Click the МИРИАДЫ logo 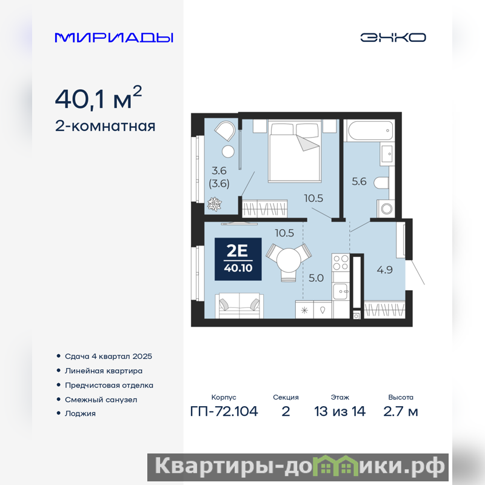[114, 38]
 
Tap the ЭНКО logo [393, 38]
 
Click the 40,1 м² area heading [98, 98]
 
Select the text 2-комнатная [105, 126]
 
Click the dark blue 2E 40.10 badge [238, 259]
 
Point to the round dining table [289, 260]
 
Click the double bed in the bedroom [295, 151]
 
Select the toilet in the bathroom [381, 182]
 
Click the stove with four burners [341, 263]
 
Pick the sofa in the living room [239, 306]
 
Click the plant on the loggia [215, 204]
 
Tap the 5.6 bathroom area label [359, 181]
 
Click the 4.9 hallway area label [384, 270]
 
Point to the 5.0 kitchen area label [316, 278]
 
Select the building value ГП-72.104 [224, 412]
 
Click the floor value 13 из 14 [339, 412]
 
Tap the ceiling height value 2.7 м [401, 412]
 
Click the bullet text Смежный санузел [101, 400]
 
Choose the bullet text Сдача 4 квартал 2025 [109, 356]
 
